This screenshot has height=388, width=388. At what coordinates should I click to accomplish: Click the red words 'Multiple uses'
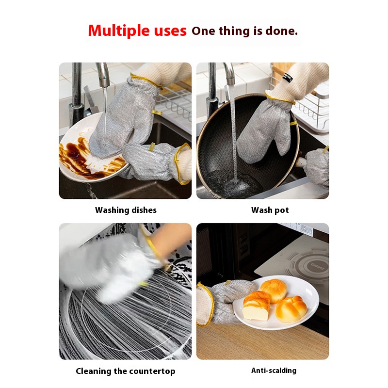(137, 31)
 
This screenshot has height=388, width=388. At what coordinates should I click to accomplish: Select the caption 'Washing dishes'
(126, 210)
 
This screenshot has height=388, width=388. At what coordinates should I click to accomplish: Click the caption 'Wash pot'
(270, 210)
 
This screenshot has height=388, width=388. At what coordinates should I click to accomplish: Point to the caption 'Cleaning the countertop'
(126, 371)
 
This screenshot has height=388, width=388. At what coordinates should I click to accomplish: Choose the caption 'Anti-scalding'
(274, 371)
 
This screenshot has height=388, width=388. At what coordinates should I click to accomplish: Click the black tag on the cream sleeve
(288, 77)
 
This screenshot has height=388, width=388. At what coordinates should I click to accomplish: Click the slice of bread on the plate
(256, 306)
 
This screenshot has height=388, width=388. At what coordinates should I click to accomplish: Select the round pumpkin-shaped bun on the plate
(291, 309)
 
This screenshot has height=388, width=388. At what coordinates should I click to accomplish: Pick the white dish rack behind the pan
(313, 109)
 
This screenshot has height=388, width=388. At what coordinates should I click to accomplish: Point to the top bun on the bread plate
(274, 291)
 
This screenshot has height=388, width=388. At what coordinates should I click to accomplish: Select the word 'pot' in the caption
(282, 210)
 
